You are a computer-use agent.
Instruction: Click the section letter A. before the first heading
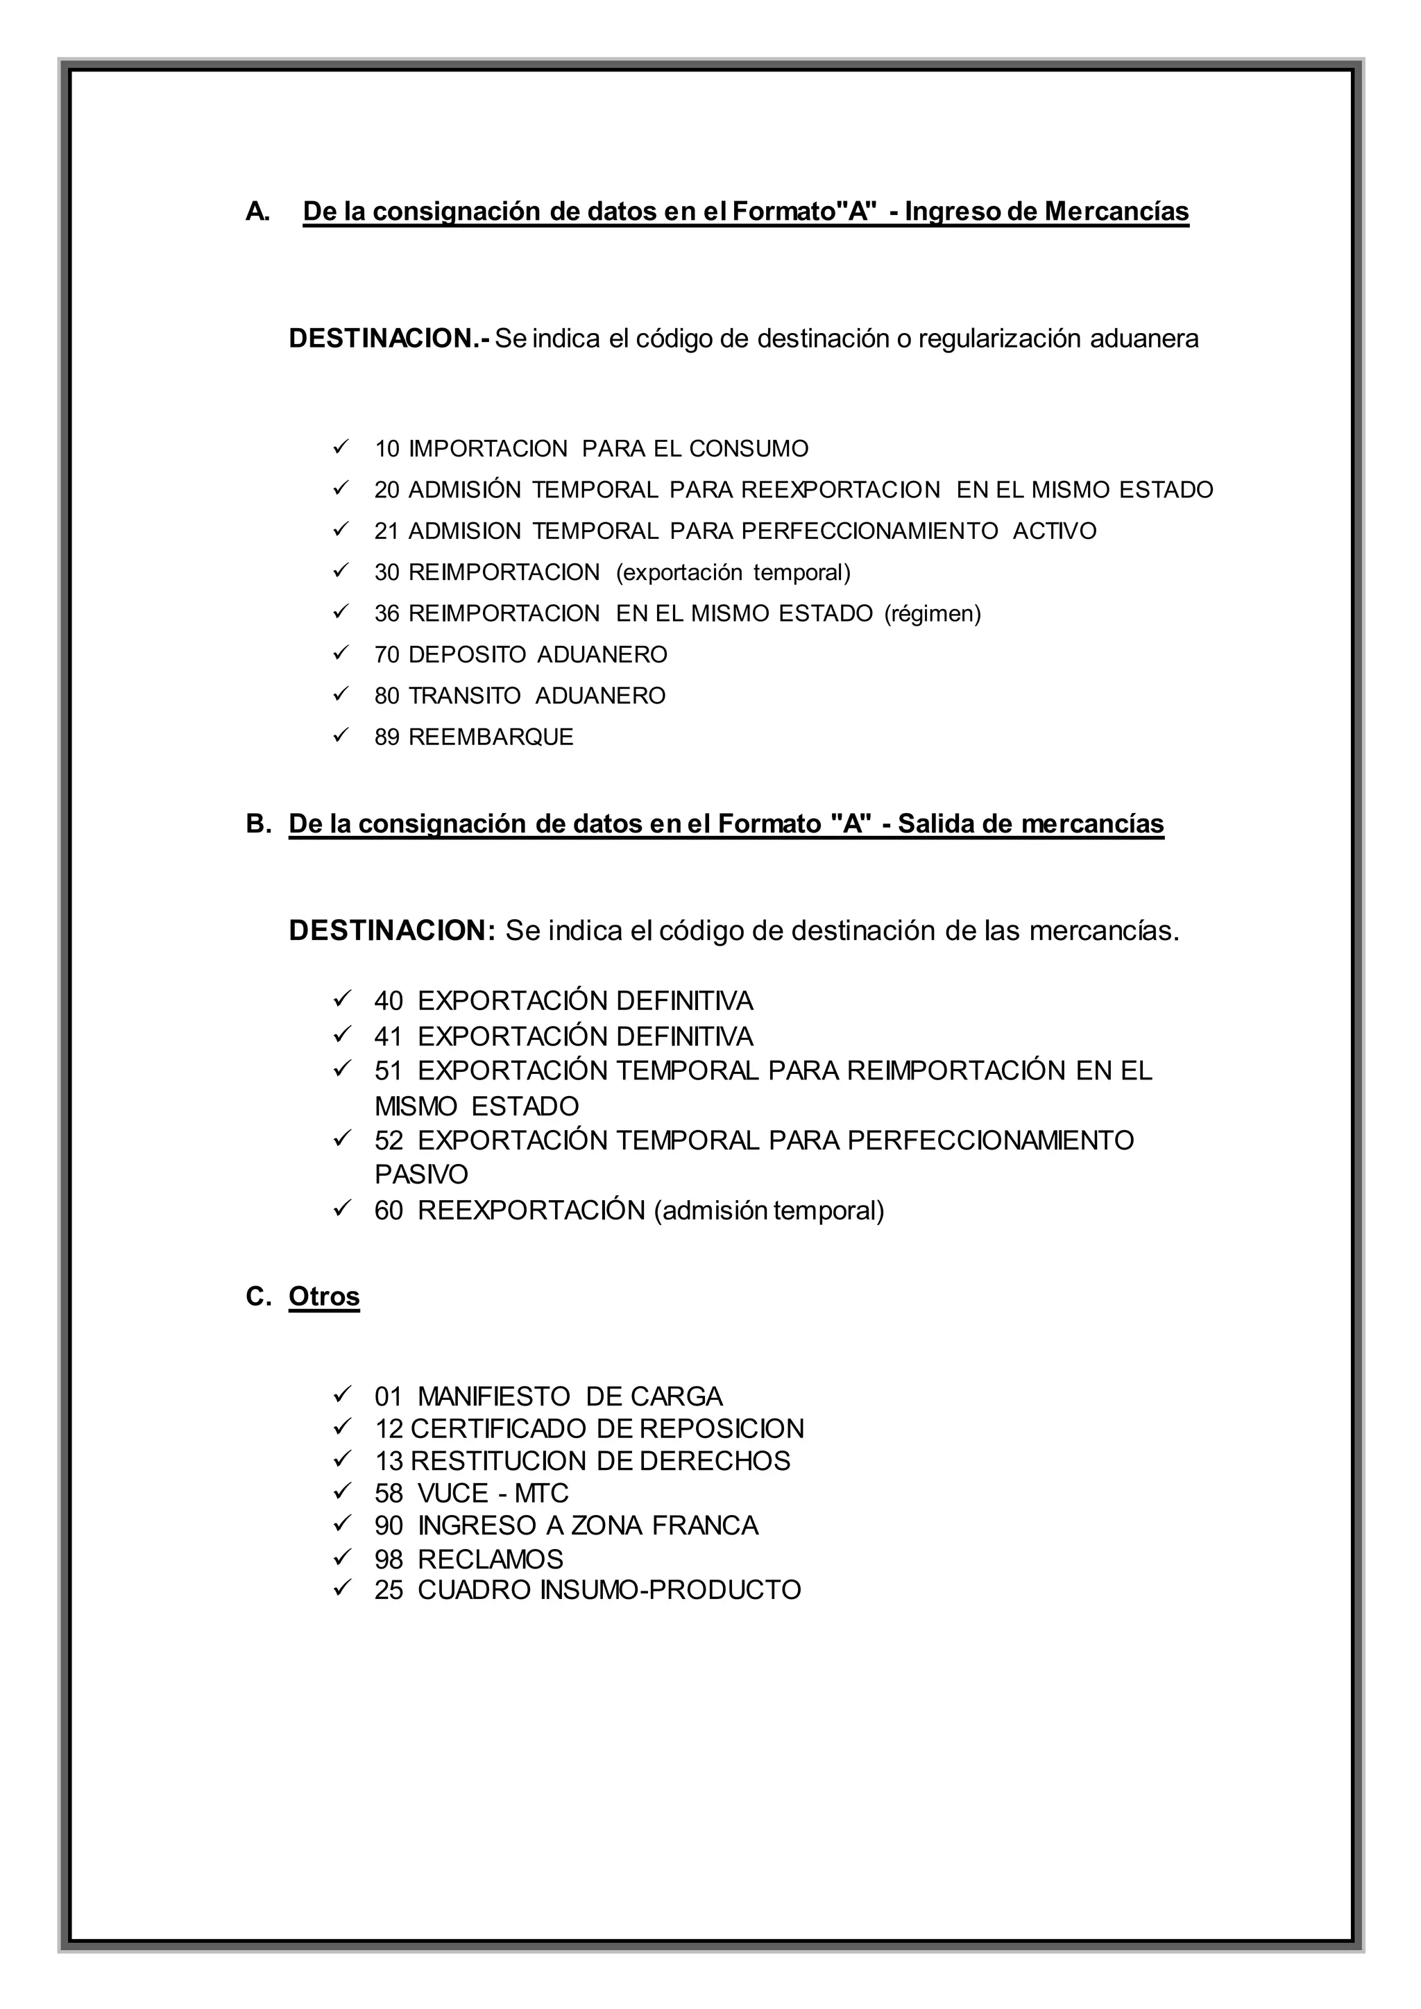[x=258, y=212]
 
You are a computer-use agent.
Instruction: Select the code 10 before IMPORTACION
[x=386, y=450]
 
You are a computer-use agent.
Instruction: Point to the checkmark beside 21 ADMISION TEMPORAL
[x=341, y=529]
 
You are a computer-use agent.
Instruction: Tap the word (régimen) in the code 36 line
[x=933, y=614]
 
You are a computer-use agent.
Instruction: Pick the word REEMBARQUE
[x=491, y=737]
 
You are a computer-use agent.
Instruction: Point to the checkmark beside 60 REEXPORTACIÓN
[x=341, y=1209]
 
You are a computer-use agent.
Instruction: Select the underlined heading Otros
[x=324, y=1296]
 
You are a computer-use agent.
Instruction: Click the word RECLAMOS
[x=490, y=1558]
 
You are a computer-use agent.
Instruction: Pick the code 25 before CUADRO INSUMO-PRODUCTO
[x=389, y=1590]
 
